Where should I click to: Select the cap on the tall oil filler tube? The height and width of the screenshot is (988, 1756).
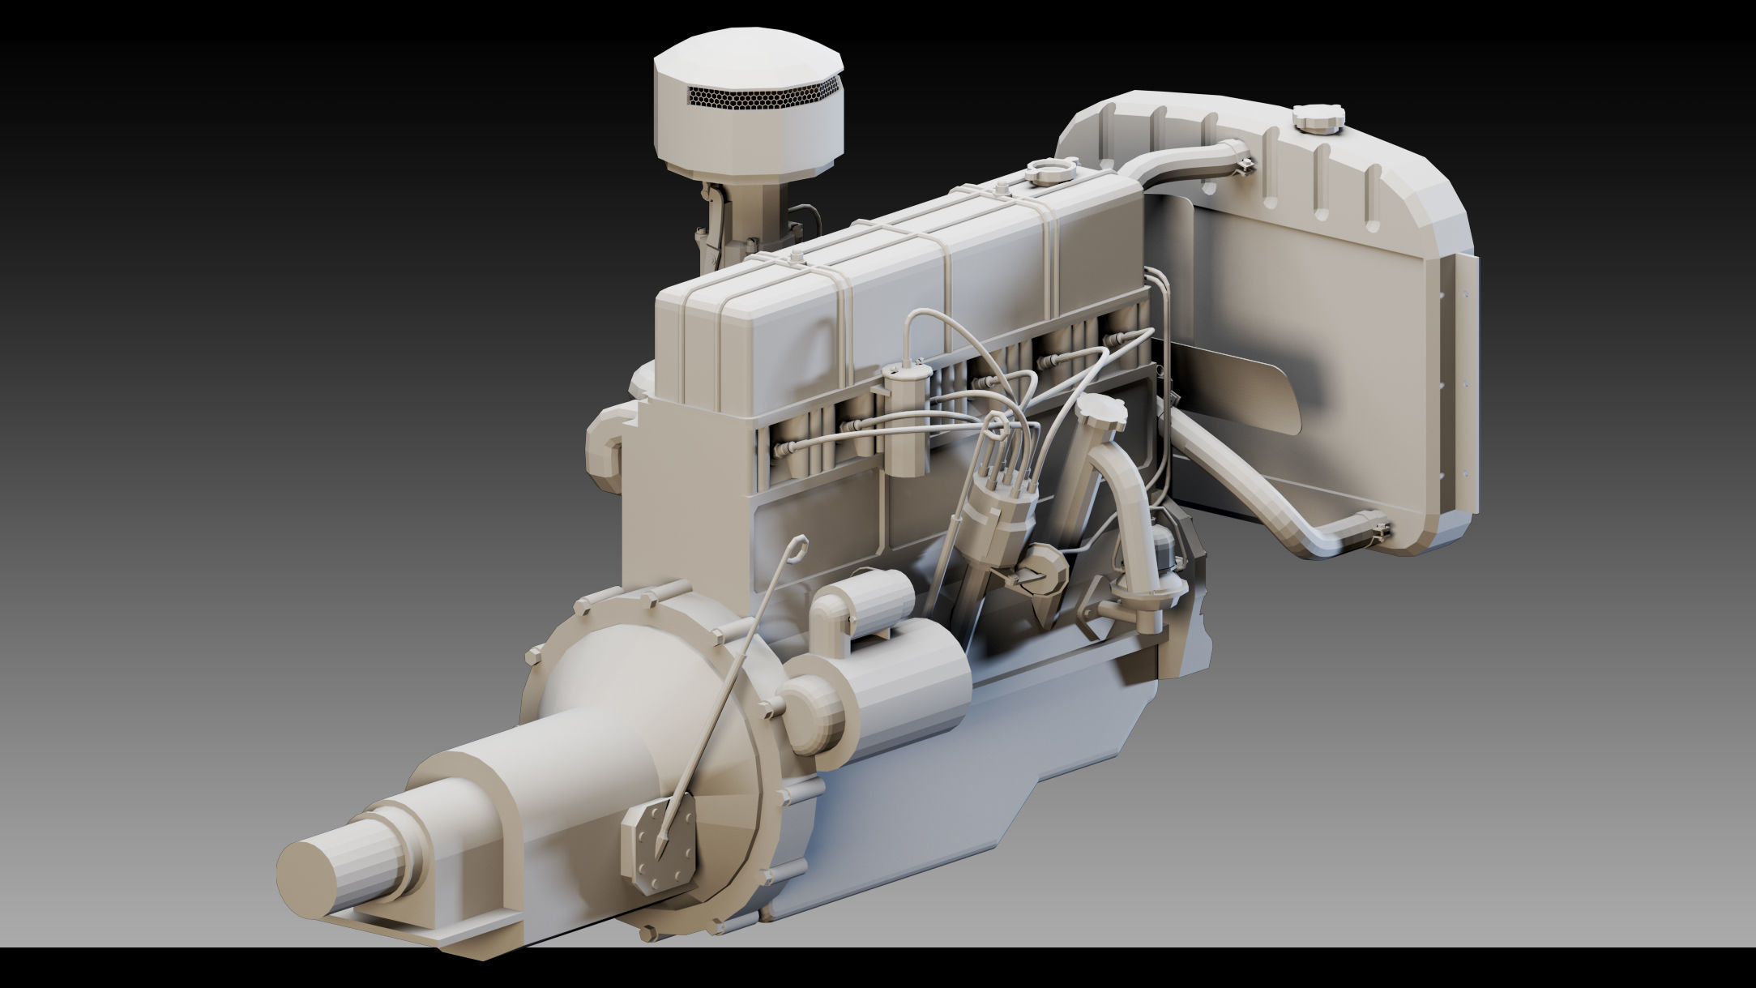pyautogui.click(x=1102, y=413)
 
